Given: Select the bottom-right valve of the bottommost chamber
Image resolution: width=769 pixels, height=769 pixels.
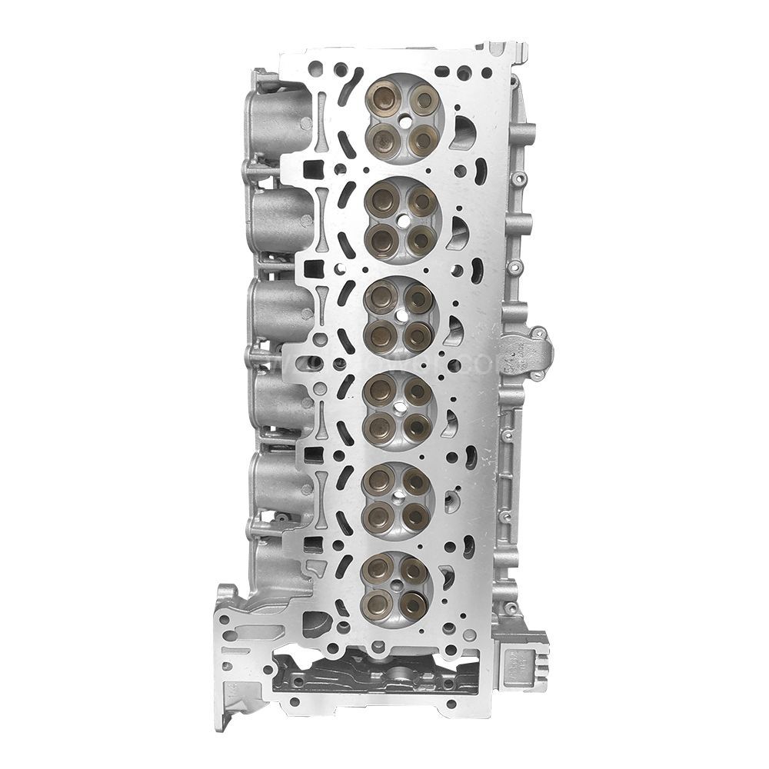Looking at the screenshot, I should pos(415,601).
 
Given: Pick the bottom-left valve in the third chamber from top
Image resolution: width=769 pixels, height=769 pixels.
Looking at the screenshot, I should pos(379,333).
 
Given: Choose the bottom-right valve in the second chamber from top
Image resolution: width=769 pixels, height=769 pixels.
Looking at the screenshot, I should pos(419,238).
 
